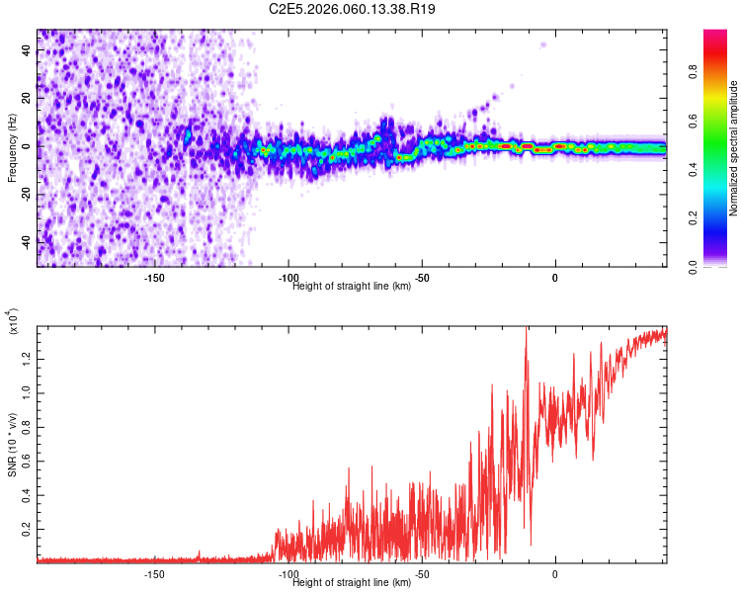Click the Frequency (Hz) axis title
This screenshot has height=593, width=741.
12,148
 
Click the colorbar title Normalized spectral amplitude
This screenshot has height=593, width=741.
733,148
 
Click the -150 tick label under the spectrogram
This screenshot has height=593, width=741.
154,278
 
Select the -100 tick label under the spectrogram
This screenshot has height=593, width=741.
288,278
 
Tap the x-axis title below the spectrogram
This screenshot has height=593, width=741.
352,287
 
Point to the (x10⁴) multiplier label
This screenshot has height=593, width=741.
14,321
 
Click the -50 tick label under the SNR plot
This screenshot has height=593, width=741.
422,574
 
